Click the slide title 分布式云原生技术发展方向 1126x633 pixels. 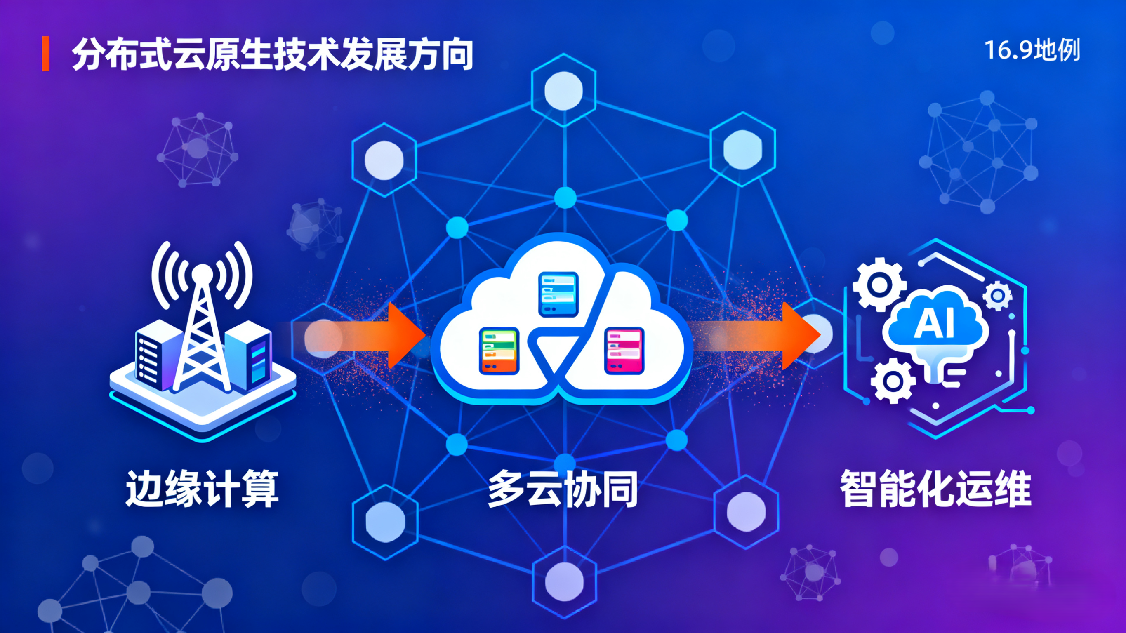coord(272,55)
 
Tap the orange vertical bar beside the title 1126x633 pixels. coord(45,54)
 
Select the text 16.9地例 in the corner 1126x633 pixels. coord(1032,50)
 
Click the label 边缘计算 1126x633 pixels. coord(202,489)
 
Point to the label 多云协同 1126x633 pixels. coord(563,489)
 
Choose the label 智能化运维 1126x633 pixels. coord(935,489)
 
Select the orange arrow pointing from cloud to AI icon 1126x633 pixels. coord(791,335)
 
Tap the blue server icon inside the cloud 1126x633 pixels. coord(558,294)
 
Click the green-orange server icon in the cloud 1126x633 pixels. coord(499,351)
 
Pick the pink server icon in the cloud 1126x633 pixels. coord(624,351)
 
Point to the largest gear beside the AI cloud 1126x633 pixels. coord(879,285)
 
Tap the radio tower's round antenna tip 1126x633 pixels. coord(202,274)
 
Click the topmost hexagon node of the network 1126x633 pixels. coord(563,90)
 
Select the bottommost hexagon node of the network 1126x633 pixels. coord(564,581)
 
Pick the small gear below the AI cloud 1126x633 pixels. coord(893,381)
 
